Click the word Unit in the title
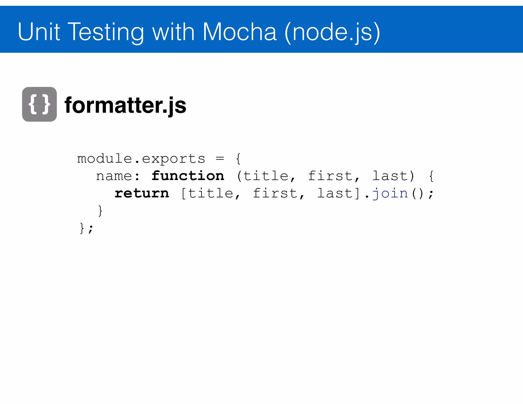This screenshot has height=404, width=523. (x=39, y=32)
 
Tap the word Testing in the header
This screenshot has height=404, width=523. (x=106, y=32)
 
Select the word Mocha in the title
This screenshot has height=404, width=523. (x=239, y=32)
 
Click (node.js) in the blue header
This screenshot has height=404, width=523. (x=332, y=32)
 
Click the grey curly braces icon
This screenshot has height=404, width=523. (x=39, y=104)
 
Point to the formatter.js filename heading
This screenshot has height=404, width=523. (x=125, y=105)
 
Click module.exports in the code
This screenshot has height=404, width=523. (x=141, y=159)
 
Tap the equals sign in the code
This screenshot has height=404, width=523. (x=220, y=159)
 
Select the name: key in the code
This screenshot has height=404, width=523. (x=118, y=176)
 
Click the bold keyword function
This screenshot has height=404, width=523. (x=188, y=176)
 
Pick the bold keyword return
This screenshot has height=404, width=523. (x=142, y=193)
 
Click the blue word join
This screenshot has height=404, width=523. (x=390, y=193)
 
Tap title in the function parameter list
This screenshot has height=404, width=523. (x=266, y=176)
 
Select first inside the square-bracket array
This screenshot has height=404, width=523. (x=275, y=193)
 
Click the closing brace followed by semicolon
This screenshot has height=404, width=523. (x=86, y=228)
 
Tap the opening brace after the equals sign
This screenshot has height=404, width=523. (x=238, y=159)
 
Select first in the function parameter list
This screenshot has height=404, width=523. (x=330, y=176)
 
